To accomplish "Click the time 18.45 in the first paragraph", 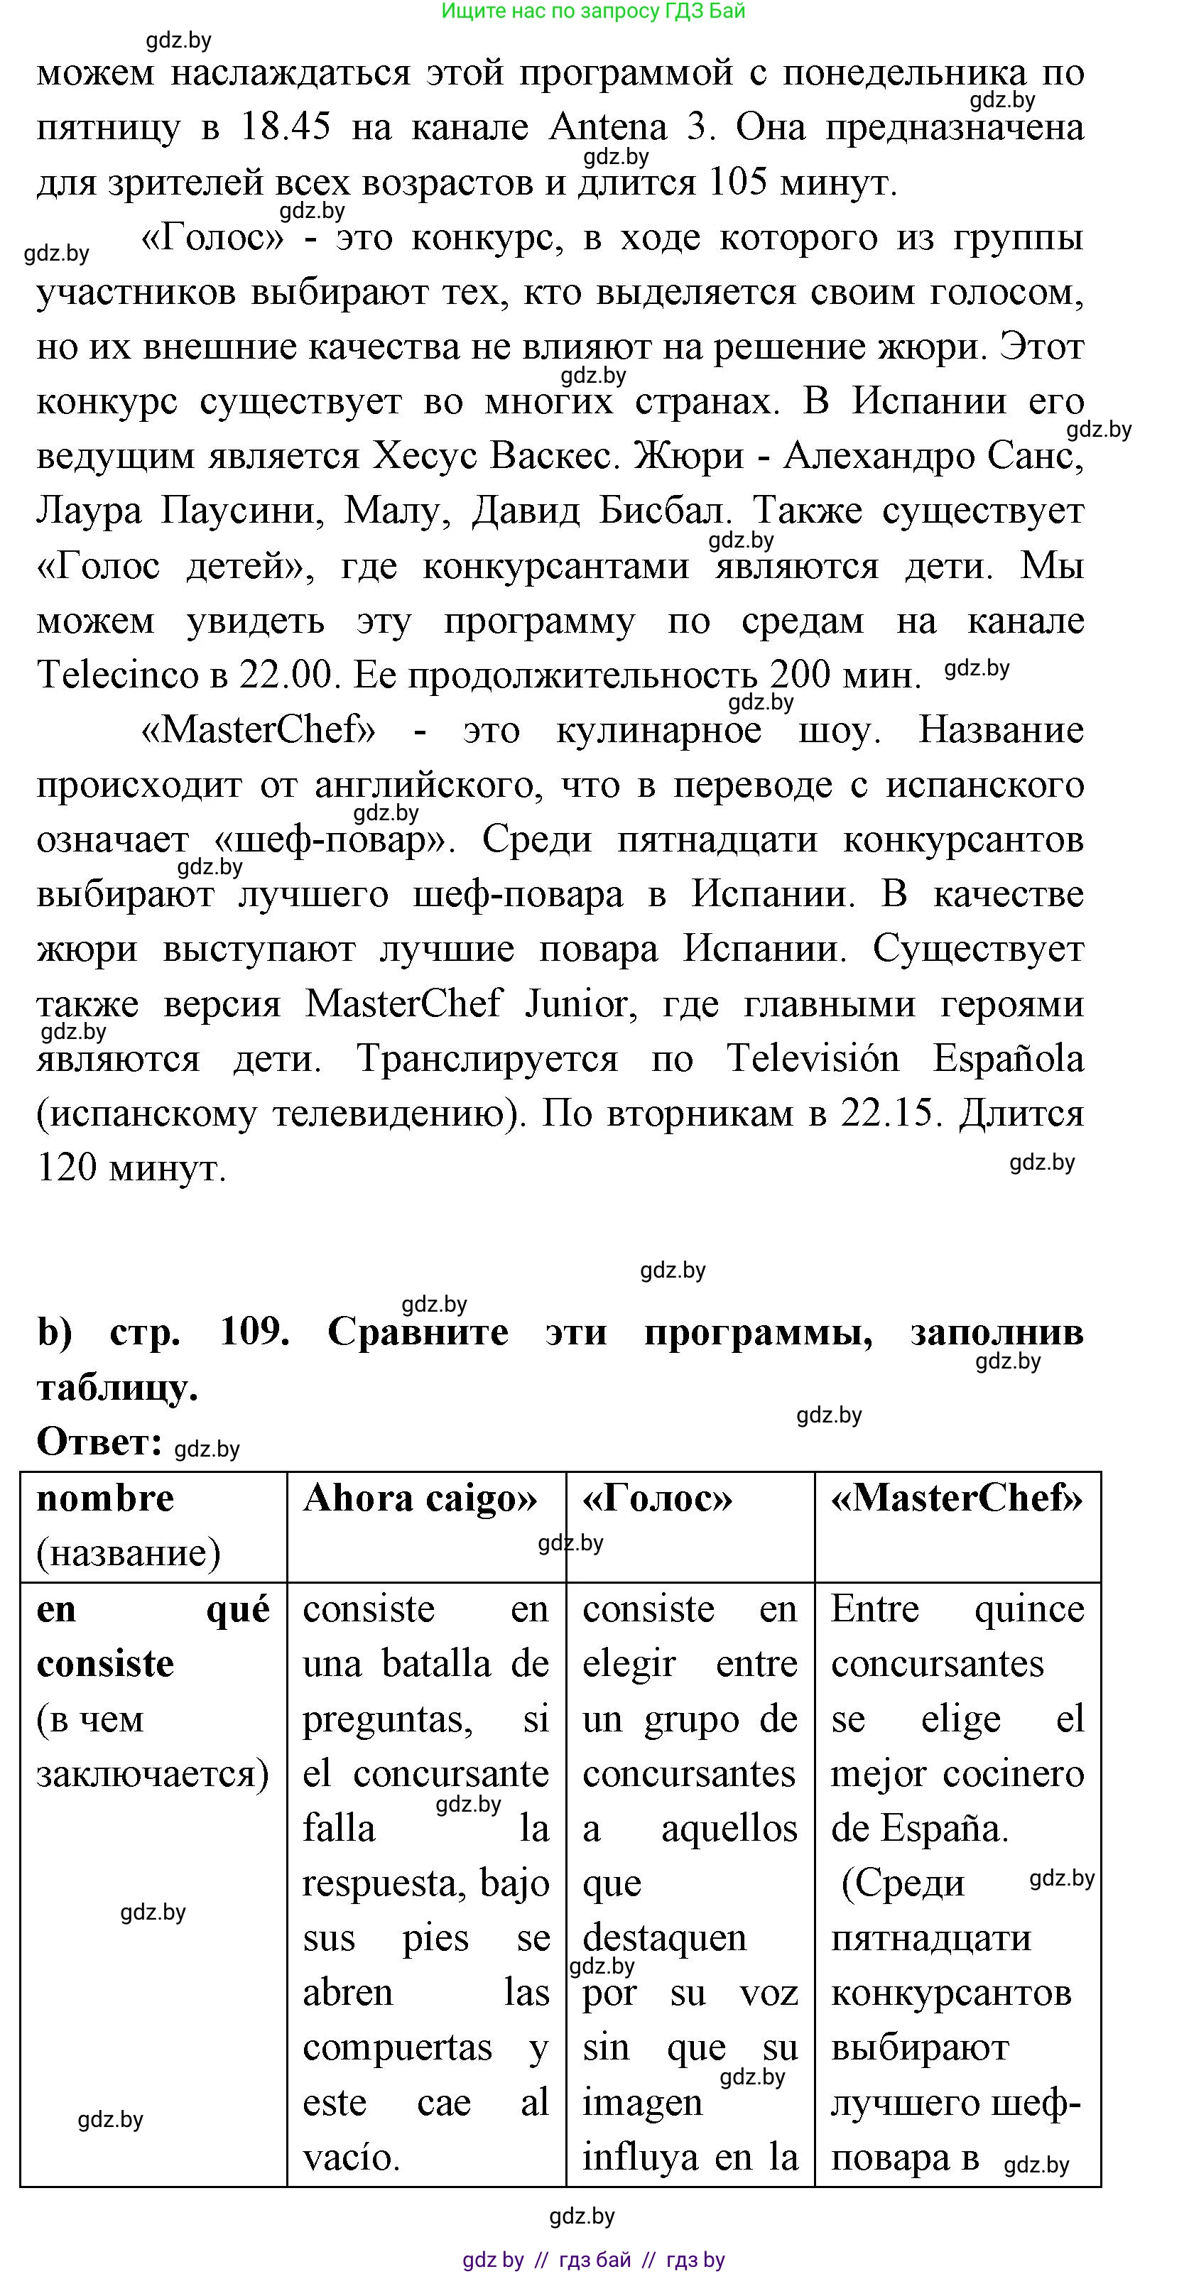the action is [285, 128].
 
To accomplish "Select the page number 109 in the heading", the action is [254, 1332].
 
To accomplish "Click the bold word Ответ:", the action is [99, 1442].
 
